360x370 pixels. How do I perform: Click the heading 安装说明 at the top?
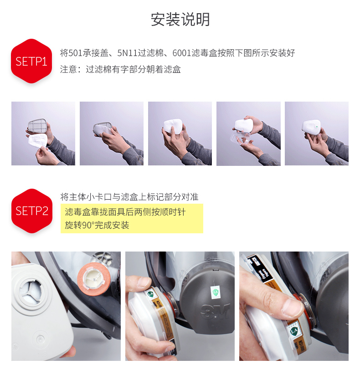pyautogui.click(x=180, y=19)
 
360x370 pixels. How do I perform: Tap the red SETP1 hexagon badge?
pyautogui.click(x=31, y=61)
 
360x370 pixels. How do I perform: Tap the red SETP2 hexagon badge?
pyautogui.click(x=32, y=211)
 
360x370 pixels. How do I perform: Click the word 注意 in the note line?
pyautogui.click(x=68, y=69)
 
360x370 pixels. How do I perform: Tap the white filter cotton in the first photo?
pyautogui.click(x=38, y=141)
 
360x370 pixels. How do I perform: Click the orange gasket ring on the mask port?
pyautogui.click(x=94, y=279)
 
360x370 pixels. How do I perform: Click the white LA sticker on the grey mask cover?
pyautogui.click(x=215, y=292)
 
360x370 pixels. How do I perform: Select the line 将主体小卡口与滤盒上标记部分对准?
pyautogui.click(x=129, y=197)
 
